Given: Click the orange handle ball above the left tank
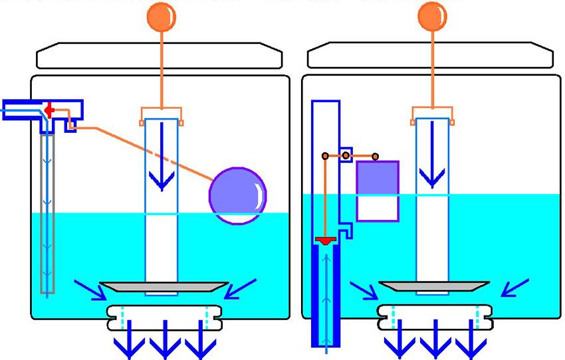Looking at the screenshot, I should click(162, 16).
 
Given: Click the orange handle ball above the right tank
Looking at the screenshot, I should click(433, 16).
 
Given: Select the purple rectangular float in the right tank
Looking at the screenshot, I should click(378, 191).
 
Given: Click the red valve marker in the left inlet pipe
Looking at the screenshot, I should click(49, 110).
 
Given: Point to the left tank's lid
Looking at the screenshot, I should click(159, 56).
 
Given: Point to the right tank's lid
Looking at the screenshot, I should click(430, 56).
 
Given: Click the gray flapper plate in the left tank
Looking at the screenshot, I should click(162, 287).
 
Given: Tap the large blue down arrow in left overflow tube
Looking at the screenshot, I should click(162, 176).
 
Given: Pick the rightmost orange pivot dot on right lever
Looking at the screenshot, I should click(376, 156).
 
